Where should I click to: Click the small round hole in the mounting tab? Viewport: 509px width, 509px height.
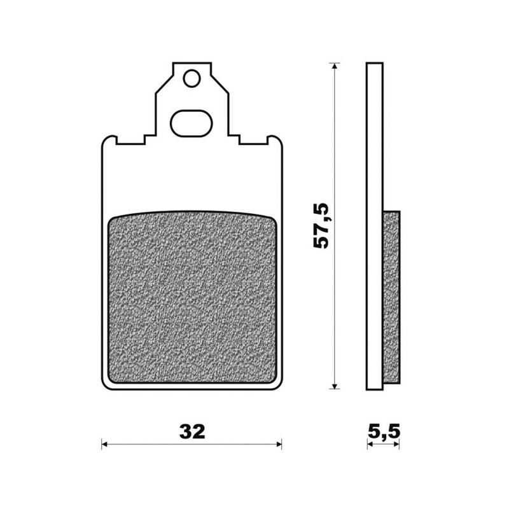coord(190,79)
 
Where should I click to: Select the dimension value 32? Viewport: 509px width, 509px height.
coord(192,432)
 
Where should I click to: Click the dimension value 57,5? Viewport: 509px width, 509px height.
coord(322,225)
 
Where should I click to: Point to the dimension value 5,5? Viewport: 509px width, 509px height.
coord(384,432)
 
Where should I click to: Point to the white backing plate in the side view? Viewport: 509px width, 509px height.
coord(376,191)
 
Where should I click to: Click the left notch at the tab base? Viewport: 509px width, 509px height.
coord(148,138)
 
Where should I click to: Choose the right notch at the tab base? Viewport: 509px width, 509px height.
coord(234,138)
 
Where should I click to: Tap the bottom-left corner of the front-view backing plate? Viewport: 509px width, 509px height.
coord(105,385)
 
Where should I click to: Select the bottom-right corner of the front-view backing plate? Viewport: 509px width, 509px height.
coord(279,385)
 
